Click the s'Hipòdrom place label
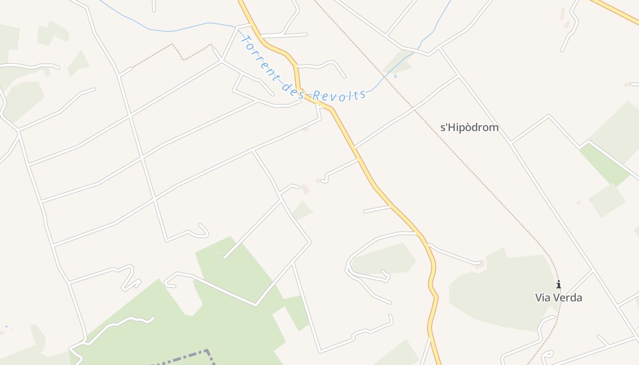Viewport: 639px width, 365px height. pos(469,127)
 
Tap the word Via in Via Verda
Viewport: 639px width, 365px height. pos(544,298)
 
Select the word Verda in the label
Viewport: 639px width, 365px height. pos(568,298)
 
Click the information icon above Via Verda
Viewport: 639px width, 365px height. pos(559,285)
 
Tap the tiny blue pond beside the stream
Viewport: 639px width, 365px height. pos(395,76)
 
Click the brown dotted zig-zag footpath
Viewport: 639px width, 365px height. pos(183,54)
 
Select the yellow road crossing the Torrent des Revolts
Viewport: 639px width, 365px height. pos(298,82)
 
